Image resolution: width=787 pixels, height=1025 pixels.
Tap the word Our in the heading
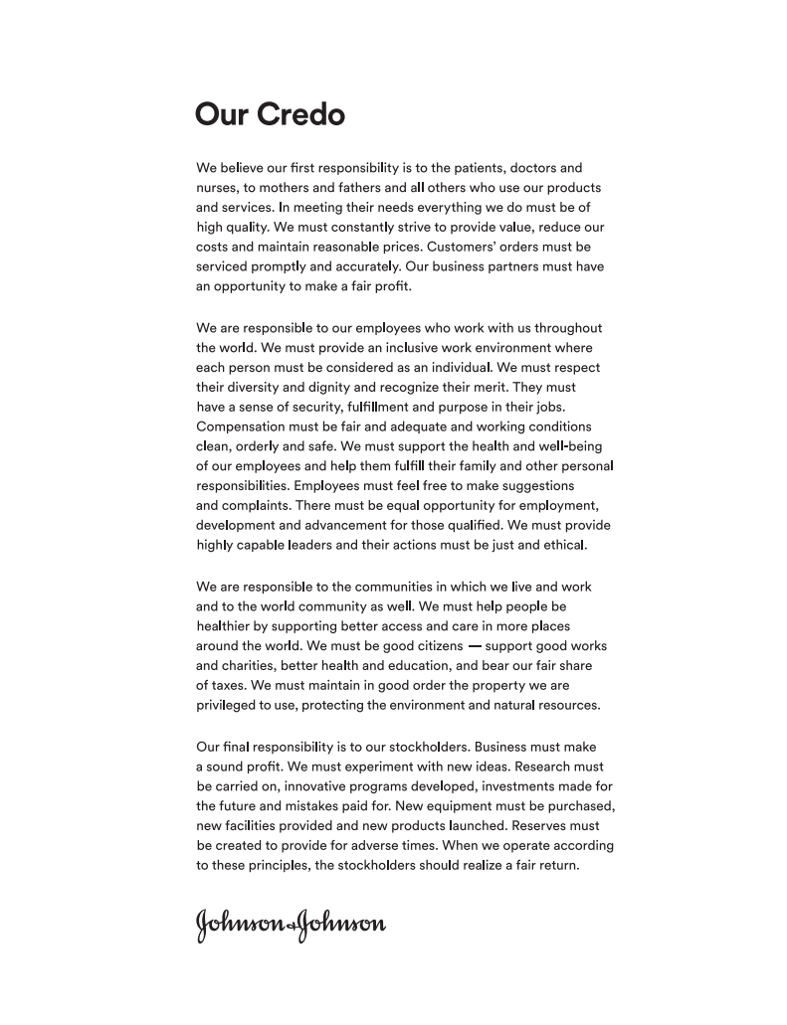(222, 114)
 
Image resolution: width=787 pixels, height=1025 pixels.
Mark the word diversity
(262, 387)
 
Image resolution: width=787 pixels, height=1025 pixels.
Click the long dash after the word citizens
(475, 646)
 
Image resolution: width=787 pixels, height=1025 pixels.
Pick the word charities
(252, 666)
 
